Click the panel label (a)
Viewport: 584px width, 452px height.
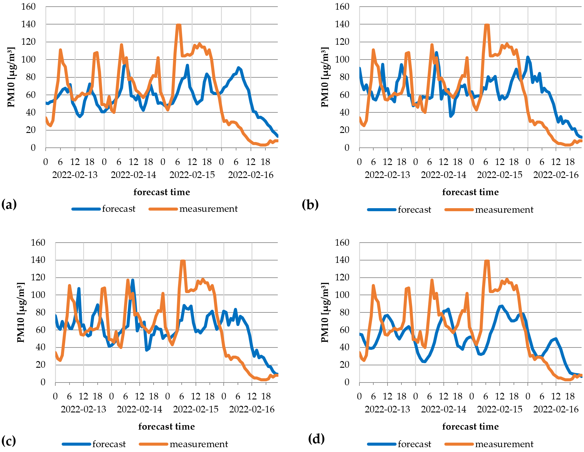tap(9, 205)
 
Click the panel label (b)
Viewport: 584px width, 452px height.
tap(310, 205)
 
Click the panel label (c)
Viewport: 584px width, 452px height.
tap(9, 441)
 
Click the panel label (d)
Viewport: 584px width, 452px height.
tap(316, 438)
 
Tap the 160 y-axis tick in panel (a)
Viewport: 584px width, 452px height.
tap(28, 6)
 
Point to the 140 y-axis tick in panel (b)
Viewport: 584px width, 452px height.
tap(342, 24)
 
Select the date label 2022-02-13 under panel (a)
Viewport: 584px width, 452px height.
tap(75, 175)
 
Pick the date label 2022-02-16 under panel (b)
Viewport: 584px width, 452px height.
tap(556, 175)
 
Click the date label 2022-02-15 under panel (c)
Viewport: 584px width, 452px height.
tap(196, 409)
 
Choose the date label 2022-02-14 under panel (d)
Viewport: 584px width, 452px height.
tap(443, 409)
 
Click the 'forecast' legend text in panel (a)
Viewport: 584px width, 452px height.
tap(119, 209)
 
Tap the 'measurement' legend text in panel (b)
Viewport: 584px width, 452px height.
tap(504, 210)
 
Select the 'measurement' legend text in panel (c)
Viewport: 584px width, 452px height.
tap(199, 444)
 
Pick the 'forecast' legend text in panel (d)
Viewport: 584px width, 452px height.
tap(414, 444)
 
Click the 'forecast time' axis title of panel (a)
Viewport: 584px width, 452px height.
tap(162, 192)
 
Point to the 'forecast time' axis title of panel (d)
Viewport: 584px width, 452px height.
tap(470, 427)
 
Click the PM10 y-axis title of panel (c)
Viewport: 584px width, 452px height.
tap(20, 312)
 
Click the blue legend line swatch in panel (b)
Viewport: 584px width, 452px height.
tap(381, 210)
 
